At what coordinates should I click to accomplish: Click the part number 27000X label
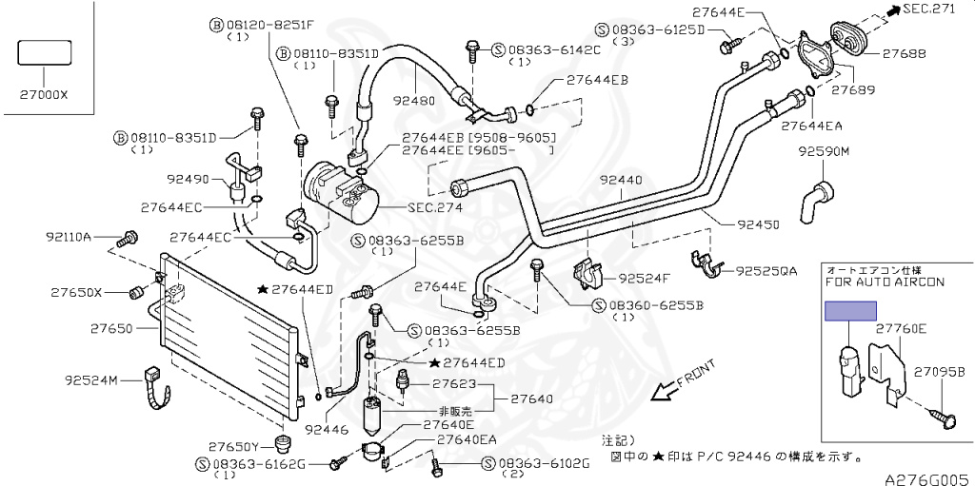[x=44, y=94]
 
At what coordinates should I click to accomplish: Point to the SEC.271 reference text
[x=939, y=10]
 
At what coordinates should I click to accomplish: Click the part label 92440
[x=621, y=180]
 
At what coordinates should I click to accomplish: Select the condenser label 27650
[x=114, y=328]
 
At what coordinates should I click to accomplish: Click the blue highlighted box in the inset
[x=849, y=311]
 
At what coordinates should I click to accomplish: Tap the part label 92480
[x=413, y=100]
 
